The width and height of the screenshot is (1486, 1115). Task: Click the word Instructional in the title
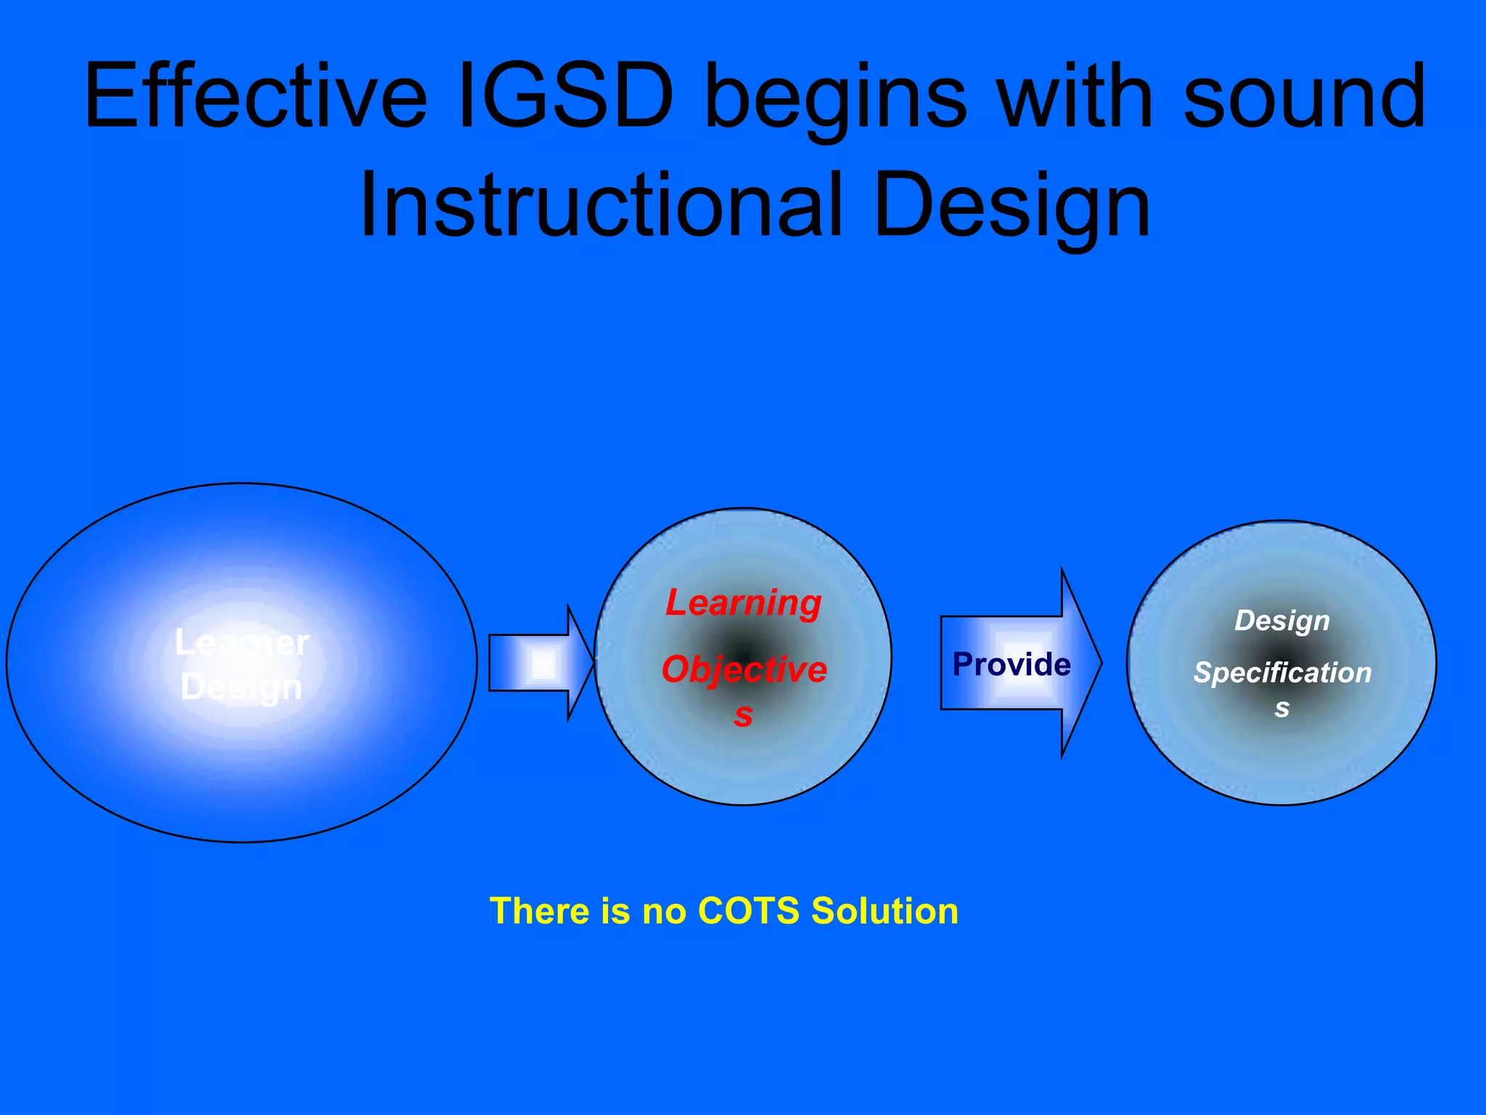click(x=602, y=205)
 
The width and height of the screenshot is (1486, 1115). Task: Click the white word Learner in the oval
click(x=242, y=643)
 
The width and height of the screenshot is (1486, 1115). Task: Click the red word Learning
click(x=744, y=603)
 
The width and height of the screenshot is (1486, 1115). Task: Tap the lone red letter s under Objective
click(x=743, y=715)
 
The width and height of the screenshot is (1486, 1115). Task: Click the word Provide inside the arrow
click(x=1011, y=664)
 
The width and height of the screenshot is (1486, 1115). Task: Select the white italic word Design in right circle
click(x=1282, y=621)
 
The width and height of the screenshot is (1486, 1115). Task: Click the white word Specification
click(x=1282, y=673)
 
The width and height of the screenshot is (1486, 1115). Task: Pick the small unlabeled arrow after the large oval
click(x=541, y=663)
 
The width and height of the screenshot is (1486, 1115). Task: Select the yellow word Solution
click(x=884, y=911)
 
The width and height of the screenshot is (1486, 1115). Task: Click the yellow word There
click(x=538, y=911)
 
